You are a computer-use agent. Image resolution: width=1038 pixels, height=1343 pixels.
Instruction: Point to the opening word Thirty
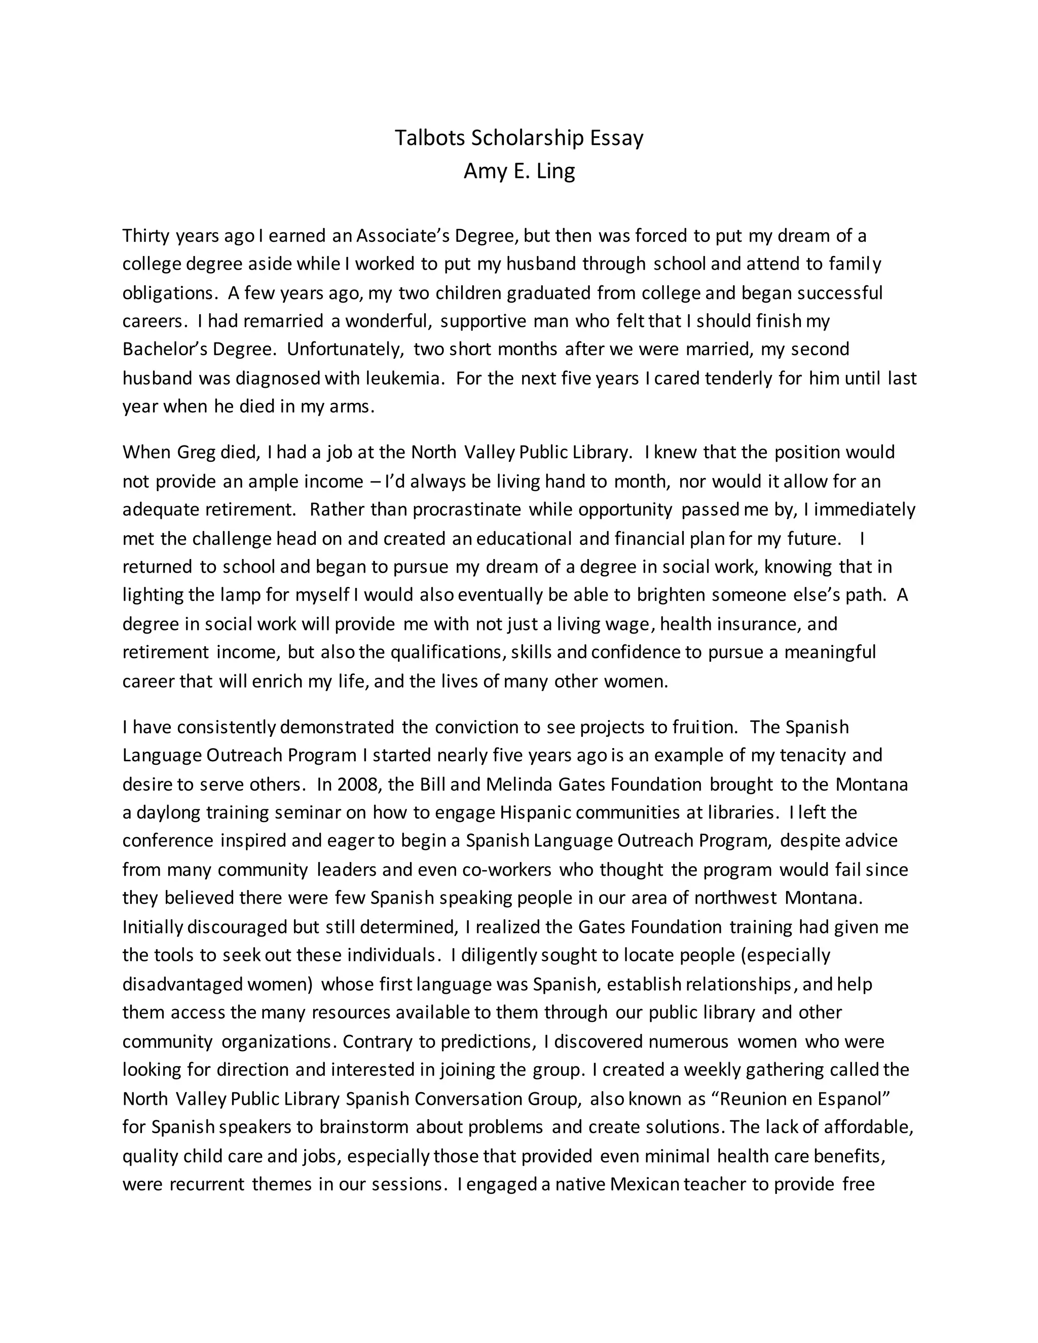(x=147, y=236)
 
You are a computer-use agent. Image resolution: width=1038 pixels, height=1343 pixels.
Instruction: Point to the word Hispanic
(x=536, y=813)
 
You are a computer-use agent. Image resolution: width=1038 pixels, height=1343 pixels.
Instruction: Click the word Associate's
(x=406, y=236)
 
